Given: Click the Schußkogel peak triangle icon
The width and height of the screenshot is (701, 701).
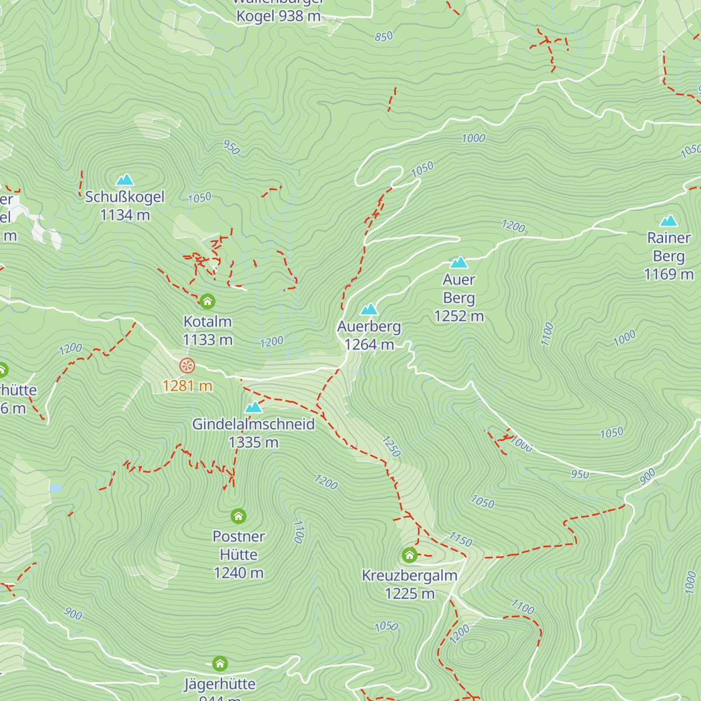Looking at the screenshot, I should click(125, 179).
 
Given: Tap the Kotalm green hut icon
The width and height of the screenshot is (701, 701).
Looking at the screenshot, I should click(207, 301).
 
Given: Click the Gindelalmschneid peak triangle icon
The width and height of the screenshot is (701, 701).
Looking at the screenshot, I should click(254, 407).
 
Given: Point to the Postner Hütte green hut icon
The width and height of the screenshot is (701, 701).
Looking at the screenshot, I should click(238, 516).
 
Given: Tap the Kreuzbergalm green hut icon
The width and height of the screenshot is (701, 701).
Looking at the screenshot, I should click(410, 554).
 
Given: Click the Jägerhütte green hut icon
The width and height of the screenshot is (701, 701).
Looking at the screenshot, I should click(220, 664).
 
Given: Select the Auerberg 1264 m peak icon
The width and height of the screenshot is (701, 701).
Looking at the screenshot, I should click(369, 309).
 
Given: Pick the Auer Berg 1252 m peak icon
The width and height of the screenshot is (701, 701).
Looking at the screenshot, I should click(459, 262).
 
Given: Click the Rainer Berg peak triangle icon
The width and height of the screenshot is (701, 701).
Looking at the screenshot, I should click(669, 221).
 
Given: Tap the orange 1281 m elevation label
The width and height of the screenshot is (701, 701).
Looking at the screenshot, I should click(187, 386).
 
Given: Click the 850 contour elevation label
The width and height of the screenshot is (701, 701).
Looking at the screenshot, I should click(384, 37).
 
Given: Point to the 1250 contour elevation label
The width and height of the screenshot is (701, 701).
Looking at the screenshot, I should click(391, 446).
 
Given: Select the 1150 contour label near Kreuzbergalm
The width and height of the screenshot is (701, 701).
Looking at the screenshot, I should click(460, 540).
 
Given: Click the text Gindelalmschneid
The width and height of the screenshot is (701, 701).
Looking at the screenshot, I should click(254, 424).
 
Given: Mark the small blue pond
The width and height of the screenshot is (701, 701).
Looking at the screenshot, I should click(55, 488).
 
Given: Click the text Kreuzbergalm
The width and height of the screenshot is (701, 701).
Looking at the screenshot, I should click(410, 575).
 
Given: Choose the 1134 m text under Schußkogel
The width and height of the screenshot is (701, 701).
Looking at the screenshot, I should click(125, 216).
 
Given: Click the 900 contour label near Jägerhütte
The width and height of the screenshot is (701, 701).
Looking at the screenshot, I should click(73, 613).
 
